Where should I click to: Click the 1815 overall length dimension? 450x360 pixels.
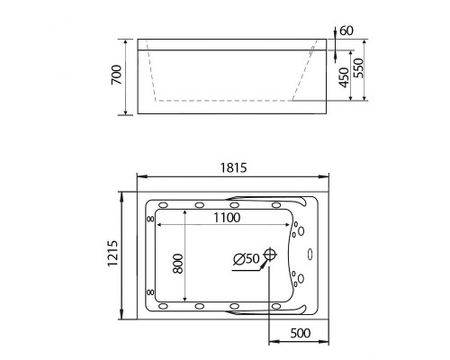tap(233, 167)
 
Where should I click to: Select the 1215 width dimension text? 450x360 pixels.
tap(113, 253)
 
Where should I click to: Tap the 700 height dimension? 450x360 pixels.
tap(117, 75)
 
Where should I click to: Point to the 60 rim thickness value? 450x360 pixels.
tap(346, 31)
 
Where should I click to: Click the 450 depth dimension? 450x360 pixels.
tap(344, 77)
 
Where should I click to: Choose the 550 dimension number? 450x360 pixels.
tap(358, 68)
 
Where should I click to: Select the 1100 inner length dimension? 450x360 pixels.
tap(227, 218)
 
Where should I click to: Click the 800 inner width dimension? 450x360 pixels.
tap(178, 264)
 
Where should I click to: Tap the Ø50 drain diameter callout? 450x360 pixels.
tap(246, 259)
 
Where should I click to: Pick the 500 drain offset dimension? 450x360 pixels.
tap(301, 333)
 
